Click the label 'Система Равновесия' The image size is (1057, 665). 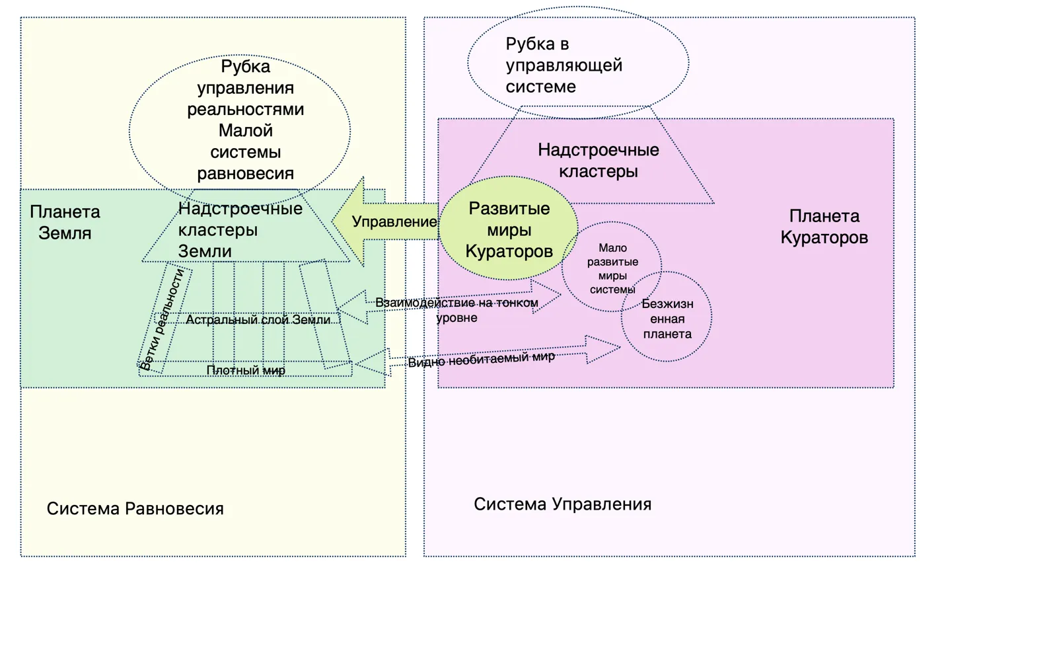(x=135, y=509)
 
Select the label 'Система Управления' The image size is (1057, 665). (x=562, y=504)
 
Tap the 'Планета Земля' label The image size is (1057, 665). (x=65, y=222)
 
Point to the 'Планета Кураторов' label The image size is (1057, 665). (x=824, y=227)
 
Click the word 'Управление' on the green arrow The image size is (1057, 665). (x=394, y=221)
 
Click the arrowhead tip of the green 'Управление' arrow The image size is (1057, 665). (x=332, y=221)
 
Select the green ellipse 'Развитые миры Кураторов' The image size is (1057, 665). (x=509, y=228)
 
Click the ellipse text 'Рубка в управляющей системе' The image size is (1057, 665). (x=564, y=65)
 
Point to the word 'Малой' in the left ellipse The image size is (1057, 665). (x=245, y=130)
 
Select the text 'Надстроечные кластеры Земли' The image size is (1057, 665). (x=240, y=229)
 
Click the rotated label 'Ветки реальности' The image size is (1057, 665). (x=162, y=319)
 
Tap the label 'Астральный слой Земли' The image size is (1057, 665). (x=258, y=320)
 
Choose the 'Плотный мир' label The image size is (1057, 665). (x=246, y=370)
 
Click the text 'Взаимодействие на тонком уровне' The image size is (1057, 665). (x=456, y=310)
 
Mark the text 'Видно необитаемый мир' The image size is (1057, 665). (x=482, y=360)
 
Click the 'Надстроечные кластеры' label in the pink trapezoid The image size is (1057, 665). (x=599, y=161)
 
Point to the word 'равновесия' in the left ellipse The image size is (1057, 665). (x=245, y=174)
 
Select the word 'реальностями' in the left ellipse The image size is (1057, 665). (x=245, y=110)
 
